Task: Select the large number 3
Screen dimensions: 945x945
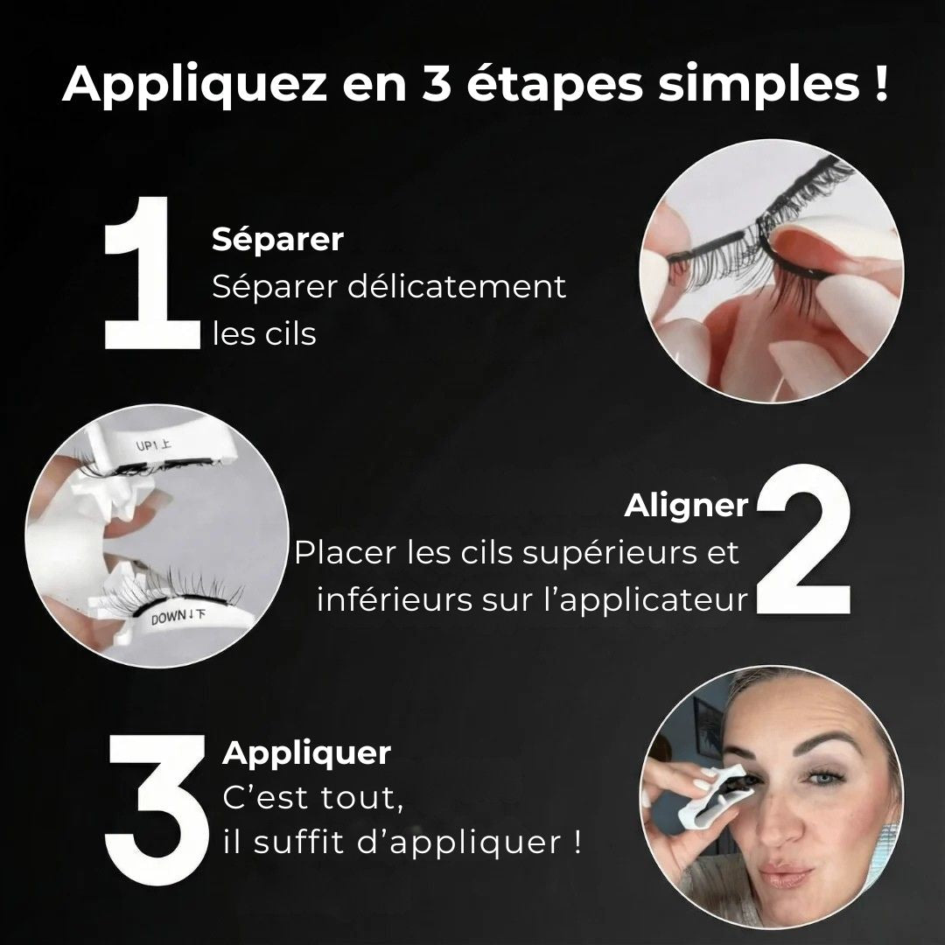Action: (x=155, y=798)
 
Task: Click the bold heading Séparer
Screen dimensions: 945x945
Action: (x=277, y=240)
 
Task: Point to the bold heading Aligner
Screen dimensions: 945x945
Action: (x=686, y=505)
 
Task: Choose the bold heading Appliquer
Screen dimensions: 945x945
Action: (x=306, y=752)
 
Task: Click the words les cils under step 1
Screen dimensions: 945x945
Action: (x=264, y=334)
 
